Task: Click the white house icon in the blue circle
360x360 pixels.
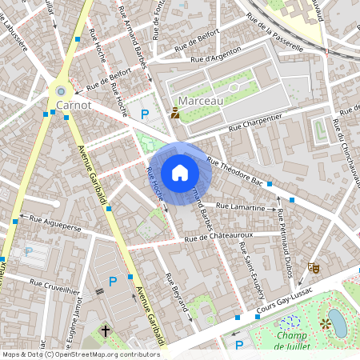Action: pos(180,173)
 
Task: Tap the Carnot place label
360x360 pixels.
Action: pos(75,104)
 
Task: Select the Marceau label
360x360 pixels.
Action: pos(202,101)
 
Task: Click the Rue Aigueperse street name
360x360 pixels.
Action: pos(56,218)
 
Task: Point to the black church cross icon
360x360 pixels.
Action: pos(105,330)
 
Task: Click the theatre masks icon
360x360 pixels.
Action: pos(316,269)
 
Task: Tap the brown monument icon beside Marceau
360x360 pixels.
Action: pos(175,113)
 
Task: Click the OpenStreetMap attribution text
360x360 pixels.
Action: pos(80,354)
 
